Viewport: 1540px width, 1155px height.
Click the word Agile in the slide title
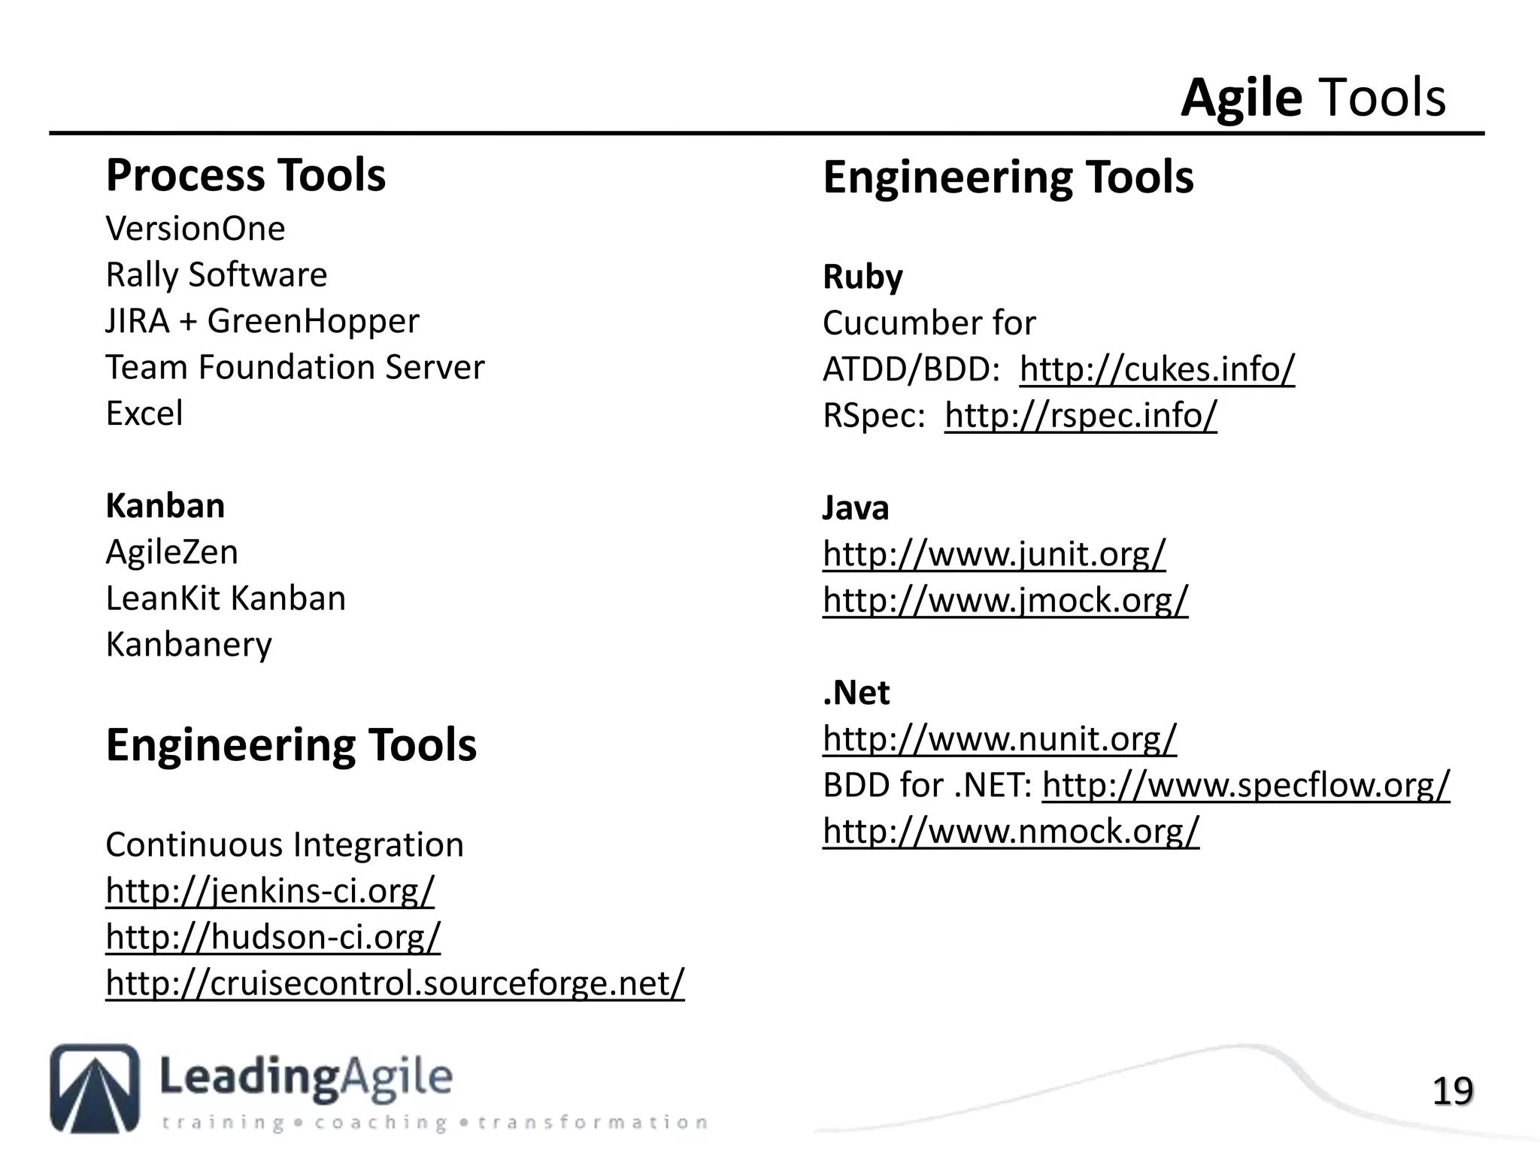pyautogui.click(x=1241, y=99)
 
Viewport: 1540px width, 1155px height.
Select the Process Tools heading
pyautogui.click(x=245, y=176)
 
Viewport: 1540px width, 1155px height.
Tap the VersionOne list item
pyautogui.click(x=196, y=229)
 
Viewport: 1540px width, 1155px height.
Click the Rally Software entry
pyautogui.click(x=217, y=275)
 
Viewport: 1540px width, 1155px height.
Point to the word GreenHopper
pyautogui.click(x=313, y=322)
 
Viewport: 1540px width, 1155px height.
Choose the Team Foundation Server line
pyautogui.click(x=295, y=368)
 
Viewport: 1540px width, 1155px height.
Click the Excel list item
pyautogui.click(x=144, y=414)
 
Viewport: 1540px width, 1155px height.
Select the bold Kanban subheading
pyautogui.click(x=165, y=506)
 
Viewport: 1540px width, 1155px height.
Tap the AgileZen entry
pyautogui.click(x=171, y=553)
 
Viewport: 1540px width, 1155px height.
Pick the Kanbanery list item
pyautogui.click(x=189, y=645)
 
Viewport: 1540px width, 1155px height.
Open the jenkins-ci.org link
pyautogui.click(x=270, y=891)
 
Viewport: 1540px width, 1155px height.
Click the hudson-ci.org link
pyautogui.click(x=273, y=938)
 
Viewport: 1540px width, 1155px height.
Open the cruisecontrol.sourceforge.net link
pyautogui.click(x=395, y=984)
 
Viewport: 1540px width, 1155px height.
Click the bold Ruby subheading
pyautogui.click(x=862, y=277)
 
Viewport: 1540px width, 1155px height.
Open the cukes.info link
pyautogui.click(x=1157, y=369)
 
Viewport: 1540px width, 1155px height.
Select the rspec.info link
pyautogui.click(x=1081, y=416)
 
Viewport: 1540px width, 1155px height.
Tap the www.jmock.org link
pyautogui.click(x=1005, y=601)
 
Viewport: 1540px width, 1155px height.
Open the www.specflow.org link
pyautogui.click(x=1245, y=786)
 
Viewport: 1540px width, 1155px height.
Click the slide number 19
pyautogui.click(x=1452, y=1092)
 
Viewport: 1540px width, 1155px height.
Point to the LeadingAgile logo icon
pyautogui.click(x=95, y=1088)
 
